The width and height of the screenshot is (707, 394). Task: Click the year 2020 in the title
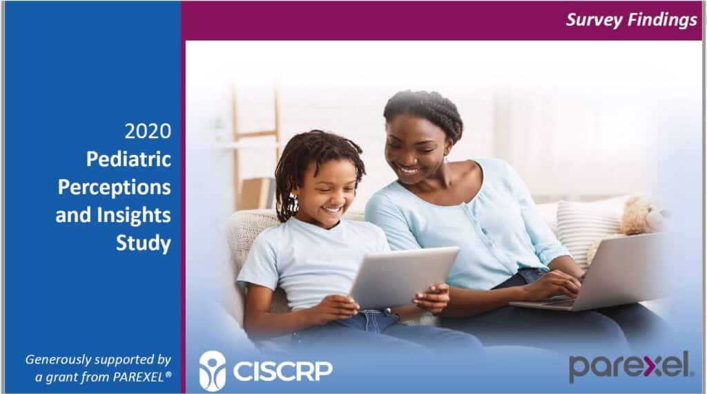point(148,131)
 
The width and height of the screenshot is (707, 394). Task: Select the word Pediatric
point(128,159)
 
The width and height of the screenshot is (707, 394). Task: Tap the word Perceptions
point(115,187)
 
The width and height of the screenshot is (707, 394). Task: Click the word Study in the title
point(144,243)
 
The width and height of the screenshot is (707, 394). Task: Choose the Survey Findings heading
point(631,20)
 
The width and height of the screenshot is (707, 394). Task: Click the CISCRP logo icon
point(213,370)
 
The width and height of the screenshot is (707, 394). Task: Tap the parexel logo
point(630,366)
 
